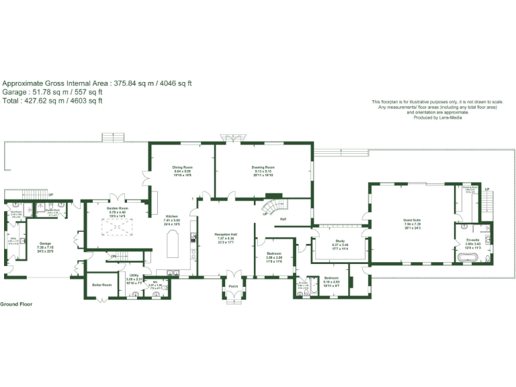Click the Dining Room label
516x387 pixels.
pyautogui.click(x=183, y=167)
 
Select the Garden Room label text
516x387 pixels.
pyautogui.click(x=118, y=208)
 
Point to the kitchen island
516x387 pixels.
pyautogui.click(x=172, y=245)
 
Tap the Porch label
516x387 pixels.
pyautogui.click(x=233, y=286)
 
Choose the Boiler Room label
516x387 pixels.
pyautogui.click(x=101, y=285)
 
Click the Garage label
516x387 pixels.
pyautogui.click(x=45, y=243)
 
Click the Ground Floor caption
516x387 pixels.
pyautogui.click(x=16, y=304)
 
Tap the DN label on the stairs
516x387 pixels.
pyautogui.click(x=114, y=256)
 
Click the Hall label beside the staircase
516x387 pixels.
pyautogui.click(x=284, y=219)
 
